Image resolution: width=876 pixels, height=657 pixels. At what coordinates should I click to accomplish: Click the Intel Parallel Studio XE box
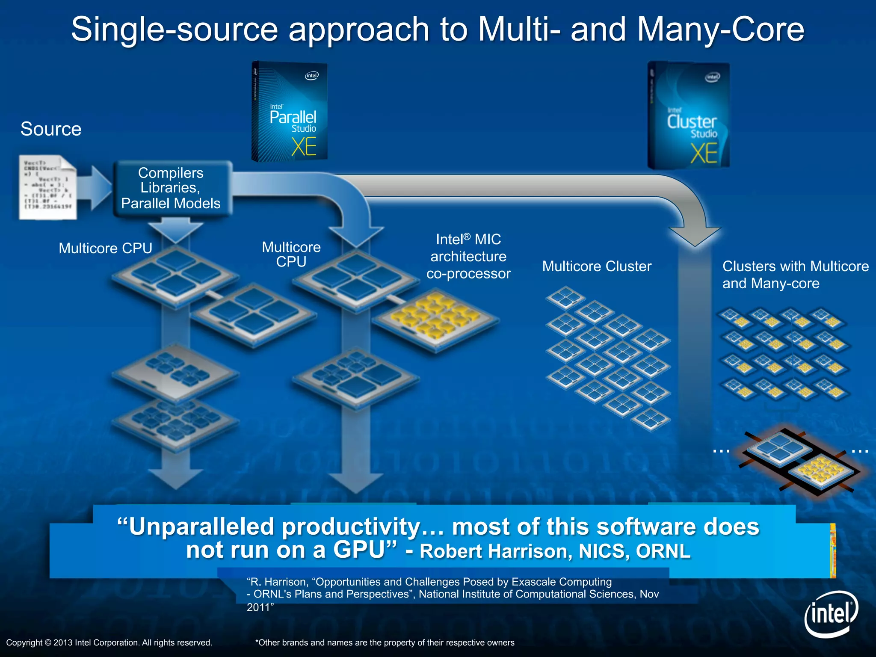290,112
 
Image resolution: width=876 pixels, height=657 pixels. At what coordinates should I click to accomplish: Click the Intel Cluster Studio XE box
689,115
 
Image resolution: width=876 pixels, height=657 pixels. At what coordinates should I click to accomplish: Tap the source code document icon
47,187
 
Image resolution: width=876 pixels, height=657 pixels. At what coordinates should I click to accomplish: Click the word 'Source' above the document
51,129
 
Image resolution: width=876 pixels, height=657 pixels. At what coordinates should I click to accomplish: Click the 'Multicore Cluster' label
597,266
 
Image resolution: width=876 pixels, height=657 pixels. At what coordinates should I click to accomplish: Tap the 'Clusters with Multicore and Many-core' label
795,275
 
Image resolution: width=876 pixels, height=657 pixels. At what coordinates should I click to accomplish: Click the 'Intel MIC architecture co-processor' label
468,256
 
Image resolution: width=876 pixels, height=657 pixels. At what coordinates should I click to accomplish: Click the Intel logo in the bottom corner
831,614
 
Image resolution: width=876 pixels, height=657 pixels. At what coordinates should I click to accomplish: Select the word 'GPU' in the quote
359,550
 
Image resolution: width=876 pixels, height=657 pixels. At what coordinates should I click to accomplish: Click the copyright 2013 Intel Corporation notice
109,642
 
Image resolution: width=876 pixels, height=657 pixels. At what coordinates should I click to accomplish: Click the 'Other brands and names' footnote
385,642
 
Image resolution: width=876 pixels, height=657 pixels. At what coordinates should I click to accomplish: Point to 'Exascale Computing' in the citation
562,582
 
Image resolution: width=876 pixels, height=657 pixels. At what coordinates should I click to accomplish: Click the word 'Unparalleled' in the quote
201,527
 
